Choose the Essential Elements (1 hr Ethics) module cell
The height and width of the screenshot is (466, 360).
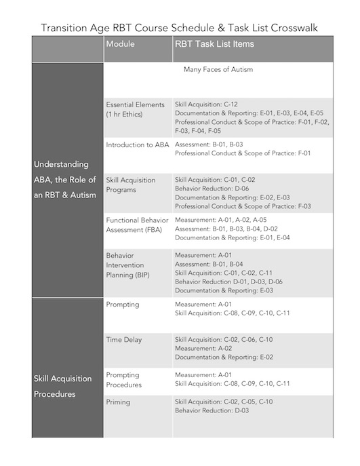tap(135, 109)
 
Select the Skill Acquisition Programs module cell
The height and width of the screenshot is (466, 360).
tap(131, 185)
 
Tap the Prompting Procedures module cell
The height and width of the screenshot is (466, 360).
tap(124, 379)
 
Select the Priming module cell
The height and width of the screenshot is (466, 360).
tap(119, 402)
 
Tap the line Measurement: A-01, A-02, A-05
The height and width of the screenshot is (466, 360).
tap(216, 220)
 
